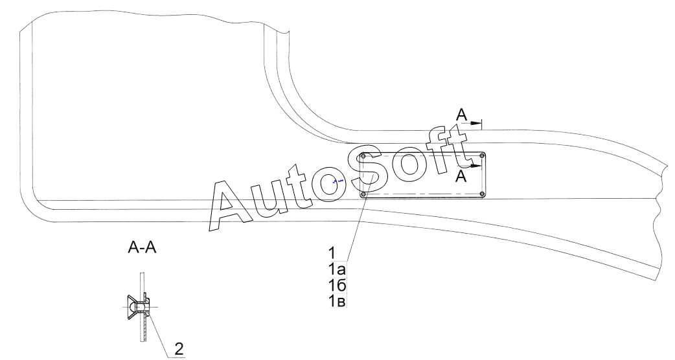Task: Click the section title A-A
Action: tap(142, 248)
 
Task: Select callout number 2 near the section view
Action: tap(179, 348)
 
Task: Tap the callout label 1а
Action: tap(337, 270)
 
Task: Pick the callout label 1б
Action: tap(337, 285)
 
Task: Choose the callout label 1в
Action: tap(337, 301)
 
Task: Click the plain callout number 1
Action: tap(332, 253)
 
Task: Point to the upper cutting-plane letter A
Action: tap(461, 115)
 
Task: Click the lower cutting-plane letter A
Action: tap(461, 176)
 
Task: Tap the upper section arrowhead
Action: tap(475, 124)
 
